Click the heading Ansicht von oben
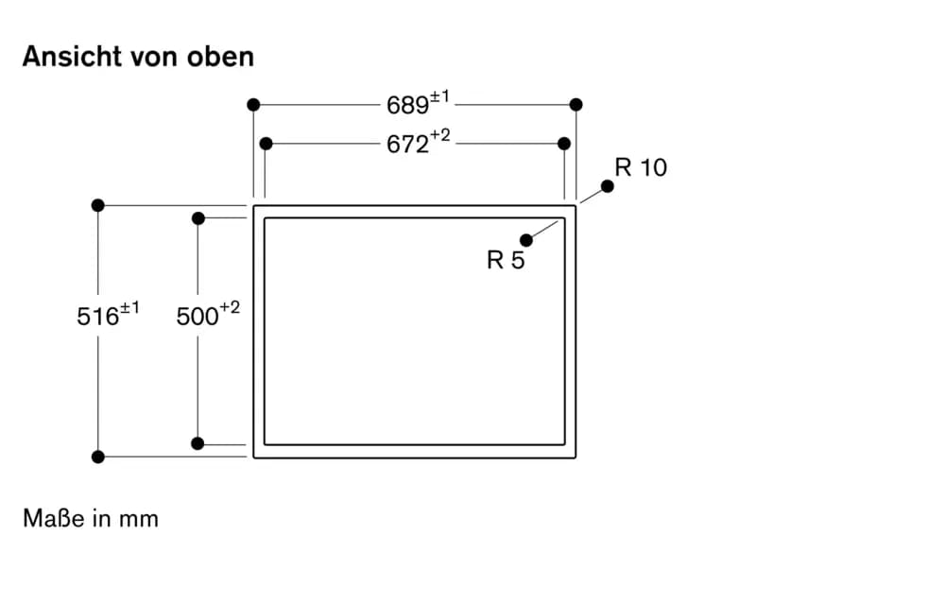[x=138, y=57]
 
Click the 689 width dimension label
[x=418, y=103]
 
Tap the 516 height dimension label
[x=108, y=315]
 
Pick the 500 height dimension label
[x=208, y=315]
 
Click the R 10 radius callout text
[x=641, y=167]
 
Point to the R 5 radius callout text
[x=506, y=260]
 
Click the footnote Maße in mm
[x=91, y=518]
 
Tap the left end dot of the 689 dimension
[x=253, y=105]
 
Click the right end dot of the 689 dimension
[x=576, y=105]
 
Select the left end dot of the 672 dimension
[x=266, y=144]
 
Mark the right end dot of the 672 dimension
[x=564, y=144]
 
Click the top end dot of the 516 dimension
[x=98, y=205]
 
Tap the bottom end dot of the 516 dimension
[x=98, y=457]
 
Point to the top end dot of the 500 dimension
[x=198, y=218]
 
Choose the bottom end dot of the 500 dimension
[x=198, y=443]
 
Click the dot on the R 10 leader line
[x=608, y=186]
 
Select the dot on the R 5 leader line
[x=526, y=240]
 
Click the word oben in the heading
[x=220, y=57]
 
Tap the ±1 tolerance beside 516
[x=129, y=308]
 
